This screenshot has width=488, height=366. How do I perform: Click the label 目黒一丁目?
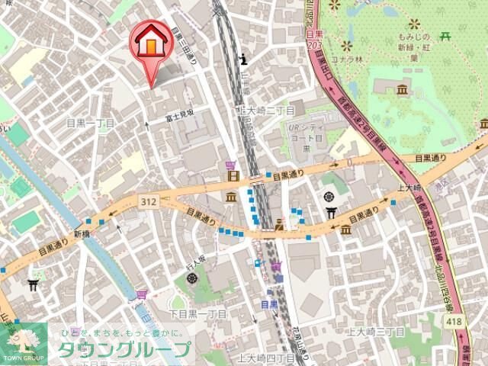tap(91, 122)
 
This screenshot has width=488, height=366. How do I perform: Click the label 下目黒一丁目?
tap(197, 314)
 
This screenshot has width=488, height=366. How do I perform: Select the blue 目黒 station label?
tap(269, 303)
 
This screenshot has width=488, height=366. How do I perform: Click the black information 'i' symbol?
tap(243, 58)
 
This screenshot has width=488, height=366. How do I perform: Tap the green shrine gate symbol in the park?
tap(446, 35)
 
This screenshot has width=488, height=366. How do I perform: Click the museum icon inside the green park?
tap(402, 92)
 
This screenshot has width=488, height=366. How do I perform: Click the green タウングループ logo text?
tap(124, 350)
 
